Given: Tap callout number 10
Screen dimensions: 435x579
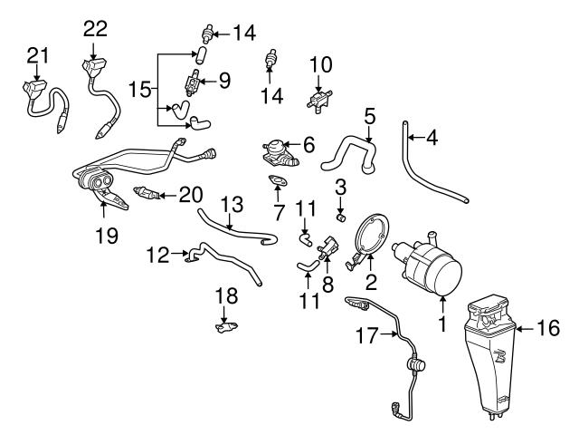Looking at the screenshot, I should [x=322, y=65].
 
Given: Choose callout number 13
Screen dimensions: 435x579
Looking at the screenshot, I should [x=231, y=204].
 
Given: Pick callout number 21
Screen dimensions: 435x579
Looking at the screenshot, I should [x=36, y=57].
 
